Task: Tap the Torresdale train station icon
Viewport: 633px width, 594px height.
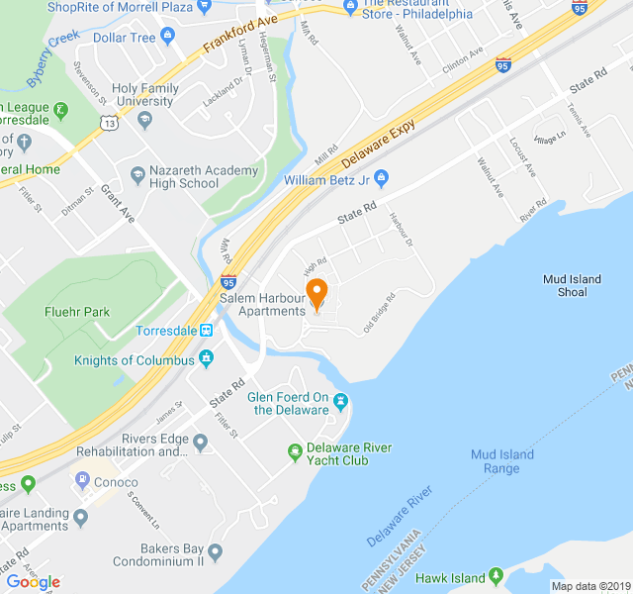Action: click(206, 330)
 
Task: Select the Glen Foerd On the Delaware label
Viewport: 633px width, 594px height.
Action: click(288, 403)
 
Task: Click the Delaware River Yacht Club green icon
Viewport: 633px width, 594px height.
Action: click(294, 453)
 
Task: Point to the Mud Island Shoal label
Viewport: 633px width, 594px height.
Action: click(572, 285)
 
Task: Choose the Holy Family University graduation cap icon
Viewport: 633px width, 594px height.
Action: click(144, 120)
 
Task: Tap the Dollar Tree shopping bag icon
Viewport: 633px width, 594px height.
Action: click(167, 38)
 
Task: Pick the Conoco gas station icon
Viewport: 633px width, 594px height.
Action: click(83, 482)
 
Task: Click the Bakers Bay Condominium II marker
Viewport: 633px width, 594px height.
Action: click(216, 550)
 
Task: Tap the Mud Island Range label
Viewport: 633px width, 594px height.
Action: click(501, 461)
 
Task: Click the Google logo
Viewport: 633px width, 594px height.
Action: click(33, 582)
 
